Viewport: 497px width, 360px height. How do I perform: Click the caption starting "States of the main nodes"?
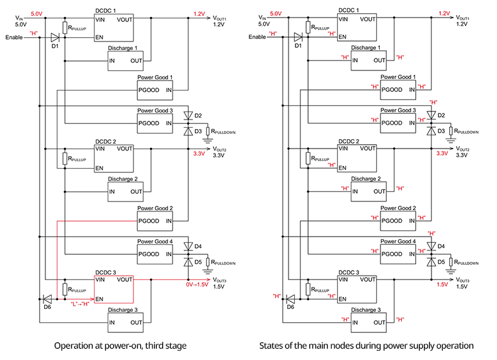[x=367, y=345]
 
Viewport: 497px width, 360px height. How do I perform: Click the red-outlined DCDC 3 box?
[x=113, y=289]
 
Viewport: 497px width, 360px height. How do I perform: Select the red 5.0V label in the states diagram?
[x=275, y=13]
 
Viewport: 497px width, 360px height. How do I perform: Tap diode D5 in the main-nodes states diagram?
[x=430, y=259]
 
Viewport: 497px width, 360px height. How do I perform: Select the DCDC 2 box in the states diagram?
[x=356, y=157]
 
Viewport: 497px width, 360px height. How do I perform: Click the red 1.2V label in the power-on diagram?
[x=198, y=13]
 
